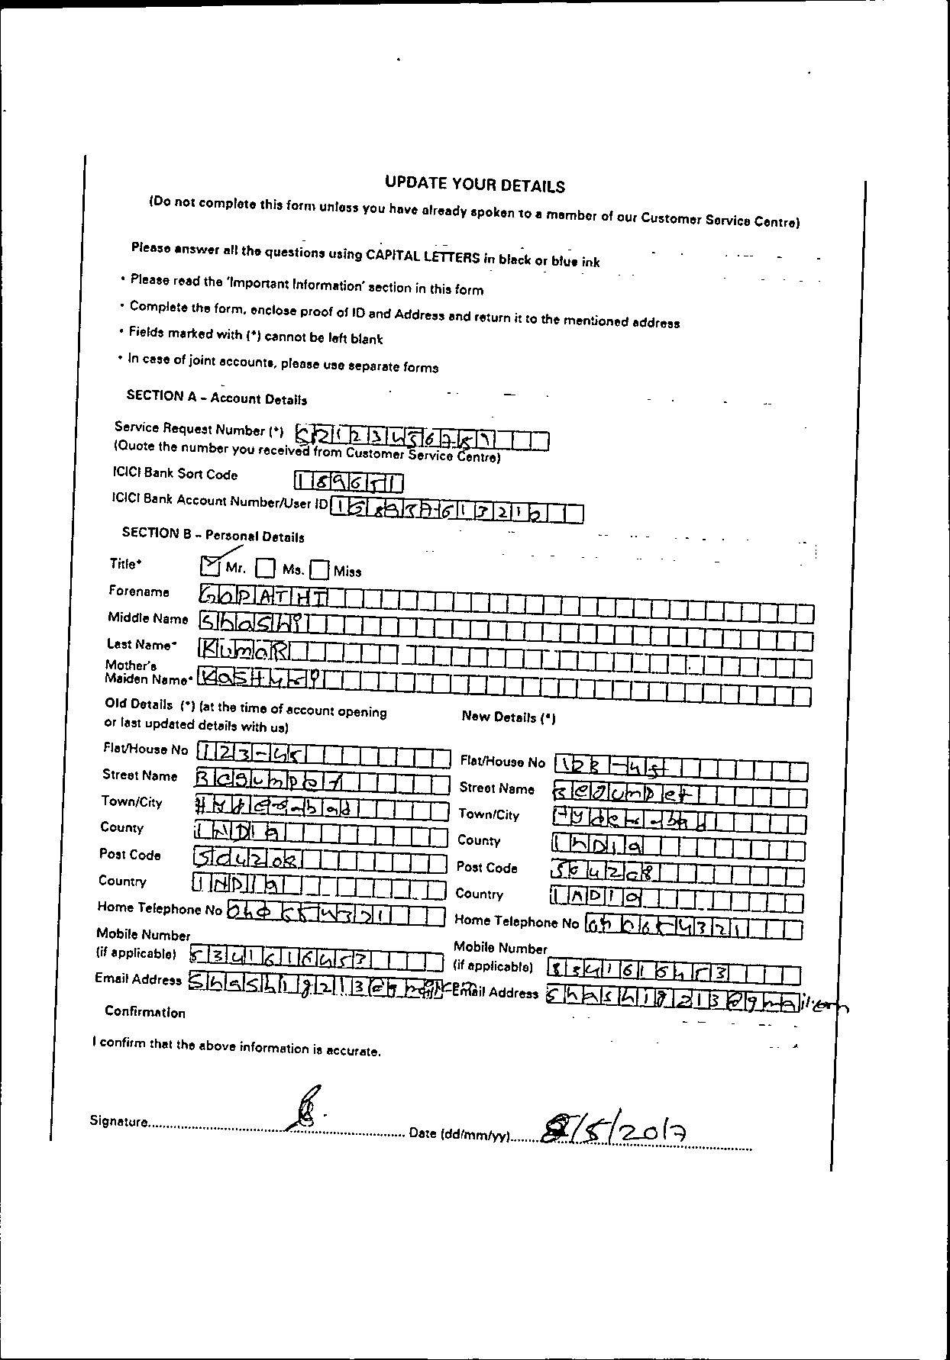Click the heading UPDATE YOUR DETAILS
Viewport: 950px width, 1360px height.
click(474, 184)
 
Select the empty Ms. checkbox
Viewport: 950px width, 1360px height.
click(265, 568)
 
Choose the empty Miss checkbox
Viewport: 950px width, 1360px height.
click(320, 570)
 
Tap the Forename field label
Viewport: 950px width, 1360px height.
click(139, 591)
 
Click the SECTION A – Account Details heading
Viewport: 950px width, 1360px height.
click(216, 397)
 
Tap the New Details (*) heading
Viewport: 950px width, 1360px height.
click(509, 717)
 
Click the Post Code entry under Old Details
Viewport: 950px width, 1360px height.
click(247, 860)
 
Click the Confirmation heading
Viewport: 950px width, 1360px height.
click(145, 1012)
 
